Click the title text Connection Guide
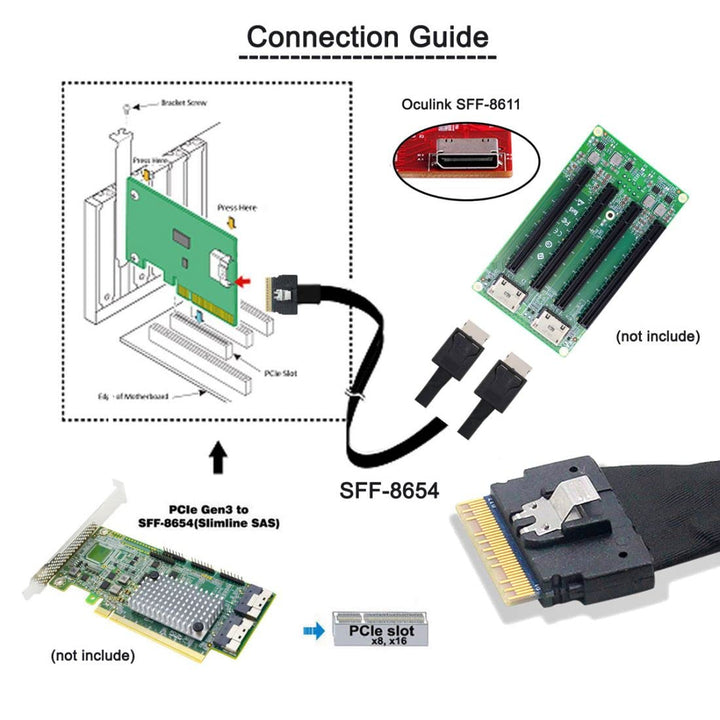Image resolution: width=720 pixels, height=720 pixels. click(x=367, y=37)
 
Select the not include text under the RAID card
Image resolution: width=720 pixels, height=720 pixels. click(x=92, y=656)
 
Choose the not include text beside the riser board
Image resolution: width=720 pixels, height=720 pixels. click(x=657, y=336)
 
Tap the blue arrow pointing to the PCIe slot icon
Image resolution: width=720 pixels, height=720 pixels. click(x=314, y=631)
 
